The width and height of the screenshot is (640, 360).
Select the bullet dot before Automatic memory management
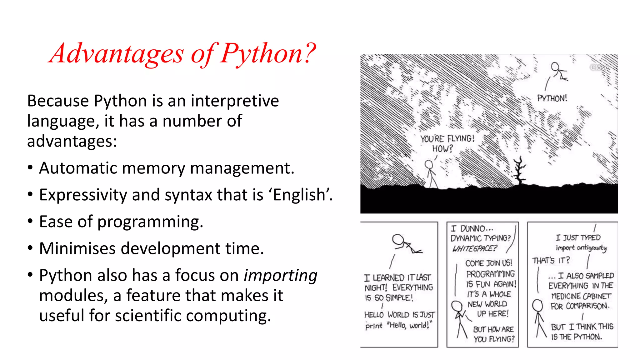click(x=30, y=168)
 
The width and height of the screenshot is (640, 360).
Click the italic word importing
click(x=280, y=276)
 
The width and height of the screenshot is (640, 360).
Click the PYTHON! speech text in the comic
click(x=552, y=98)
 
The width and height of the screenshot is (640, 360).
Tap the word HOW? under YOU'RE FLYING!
click(x=442, y=148)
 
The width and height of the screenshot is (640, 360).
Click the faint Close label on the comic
click(x=599, y=67)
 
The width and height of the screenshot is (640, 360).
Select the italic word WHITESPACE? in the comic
click(x=474, y=248)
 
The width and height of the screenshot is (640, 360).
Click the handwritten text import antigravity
click(x=581, y=248)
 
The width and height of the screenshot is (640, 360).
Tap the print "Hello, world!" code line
click(x=398, y=326)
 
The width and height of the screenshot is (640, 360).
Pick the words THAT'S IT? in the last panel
click(x=551, y=260)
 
